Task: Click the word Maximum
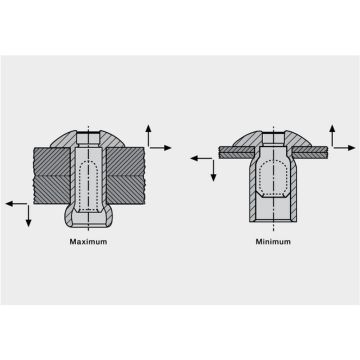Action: tap(88, 242)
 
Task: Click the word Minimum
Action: tap(273, 242)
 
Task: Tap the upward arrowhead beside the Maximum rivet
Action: tap(148, 129)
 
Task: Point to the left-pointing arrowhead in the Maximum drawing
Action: tap(10, 203)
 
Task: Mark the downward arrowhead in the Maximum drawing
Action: tap(28, 223)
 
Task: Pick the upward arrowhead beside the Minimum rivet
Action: tap(332, 129)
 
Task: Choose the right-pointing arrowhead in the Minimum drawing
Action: tap(351, 148)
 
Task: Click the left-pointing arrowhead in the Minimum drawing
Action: tap(194, 158)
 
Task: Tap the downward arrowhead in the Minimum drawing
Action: tap(213, 177)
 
